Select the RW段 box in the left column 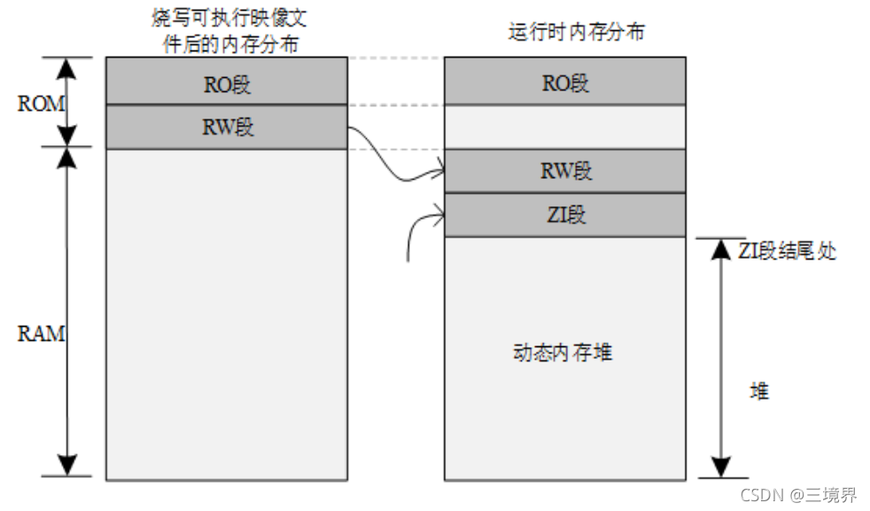(226, 127)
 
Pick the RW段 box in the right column (564, 171)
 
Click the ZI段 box (564, 215)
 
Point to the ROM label (41, 104)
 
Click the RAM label (41, 335)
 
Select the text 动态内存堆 (563, 352)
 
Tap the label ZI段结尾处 (787, 251)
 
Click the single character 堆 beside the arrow (759, 391)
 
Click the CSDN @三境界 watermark (797, 494)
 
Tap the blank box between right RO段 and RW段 (564, 127)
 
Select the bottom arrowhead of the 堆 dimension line (721, 467)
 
